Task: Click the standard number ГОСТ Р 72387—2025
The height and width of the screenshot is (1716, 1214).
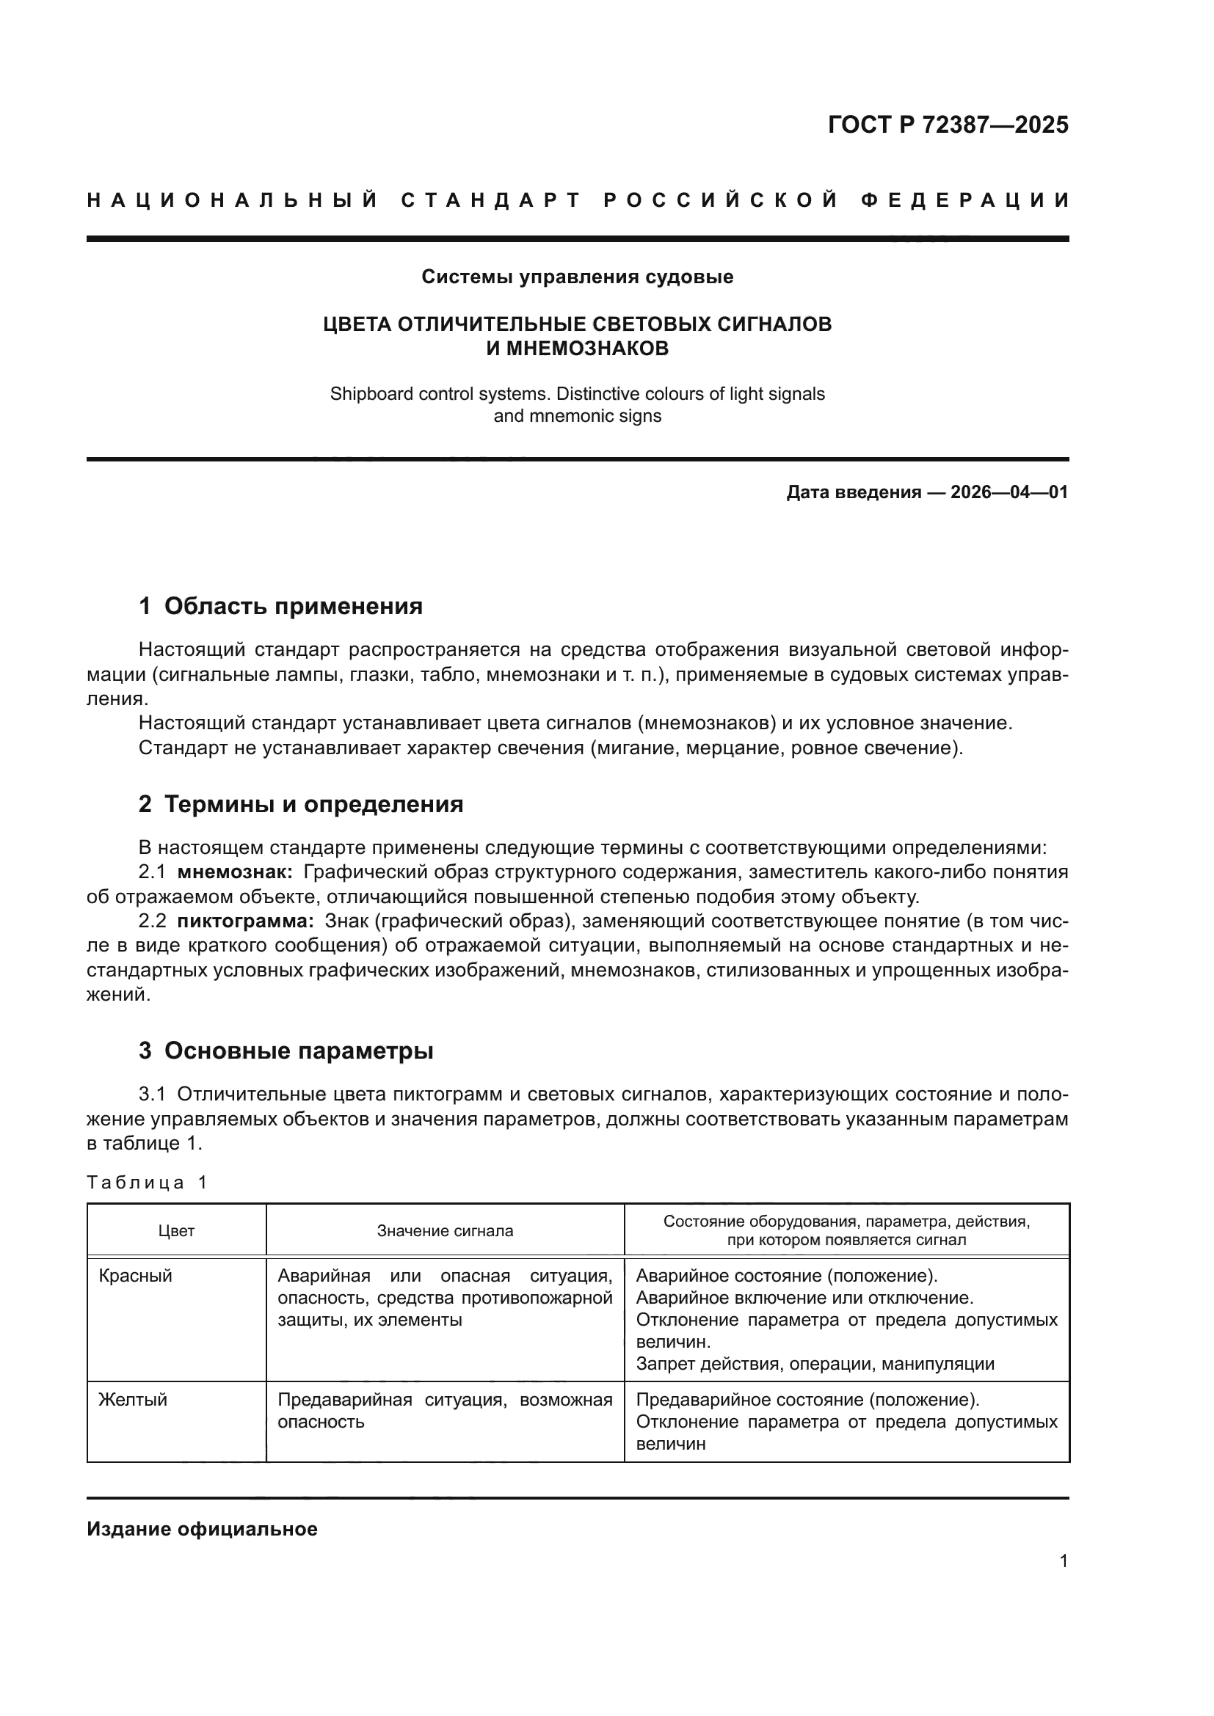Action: (948, 125)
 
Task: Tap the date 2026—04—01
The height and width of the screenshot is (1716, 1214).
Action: (1009, 492)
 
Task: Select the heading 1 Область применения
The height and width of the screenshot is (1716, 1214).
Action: (280, 605)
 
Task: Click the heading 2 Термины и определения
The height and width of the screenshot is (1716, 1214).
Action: (300, 804)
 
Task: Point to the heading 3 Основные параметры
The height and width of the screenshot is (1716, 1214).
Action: (286, 1050)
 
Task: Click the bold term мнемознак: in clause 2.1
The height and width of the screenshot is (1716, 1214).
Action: (235, 872)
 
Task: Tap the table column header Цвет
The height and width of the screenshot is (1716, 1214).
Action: (176, 1231)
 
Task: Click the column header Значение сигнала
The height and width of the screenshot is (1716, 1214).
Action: (445, 1231)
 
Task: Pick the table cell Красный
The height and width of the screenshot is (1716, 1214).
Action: (135, 1276)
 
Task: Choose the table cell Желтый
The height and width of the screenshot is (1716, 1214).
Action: (133, 1400)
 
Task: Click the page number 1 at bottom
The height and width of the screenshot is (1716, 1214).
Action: (1063, 1561)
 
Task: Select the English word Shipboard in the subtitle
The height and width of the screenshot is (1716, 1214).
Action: (366, 394)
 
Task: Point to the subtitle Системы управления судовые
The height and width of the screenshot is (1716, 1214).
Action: (577, 277)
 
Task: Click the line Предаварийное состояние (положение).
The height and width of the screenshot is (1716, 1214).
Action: (807, 1400)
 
